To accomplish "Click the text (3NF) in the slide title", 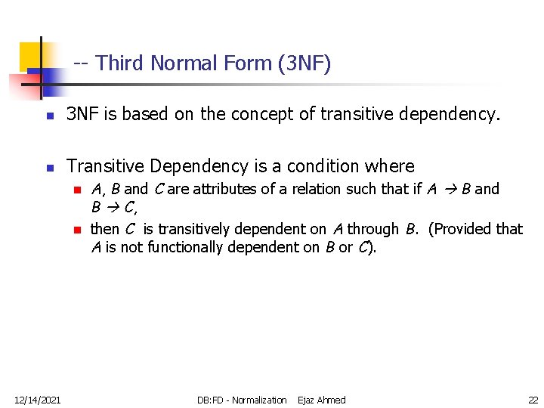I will pyautogui.click(x=304, y=63).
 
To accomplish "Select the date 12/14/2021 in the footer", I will pyautogui.click(x=37, y=400).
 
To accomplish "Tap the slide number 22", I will pyautogui.click(x=533, y=400).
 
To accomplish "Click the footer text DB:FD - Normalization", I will pyautogui.click(x=242, y=400).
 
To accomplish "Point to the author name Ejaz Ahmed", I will pyautogui.click(x=322, y=400).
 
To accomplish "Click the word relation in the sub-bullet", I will pyautogui.click(x=306, y=190).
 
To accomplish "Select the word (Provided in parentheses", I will pyautogui.click(x=462, y=229).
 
